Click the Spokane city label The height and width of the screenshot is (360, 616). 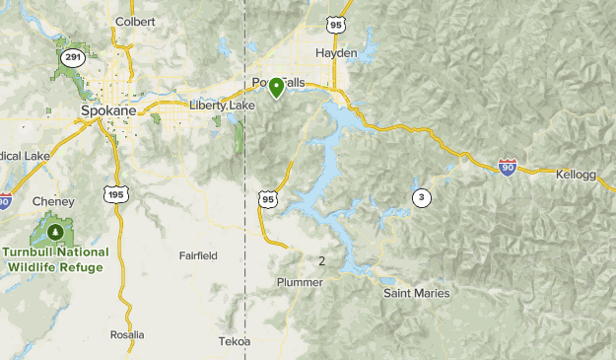pos(107,111)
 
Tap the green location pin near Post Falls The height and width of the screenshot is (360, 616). pos(277,88)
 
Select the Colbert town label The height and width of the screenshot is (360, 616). pos(135,21)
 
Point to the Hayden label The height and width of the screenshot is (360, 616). pos(336,52)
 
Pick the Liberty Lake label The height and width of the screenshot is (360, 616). pos(222,105)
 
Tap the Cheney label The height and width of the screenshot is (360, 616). pos(53,201)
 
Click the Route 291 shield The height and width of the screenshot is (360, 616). pos(71,58)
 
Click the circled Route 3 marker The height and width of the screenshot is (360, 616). pos(422,197)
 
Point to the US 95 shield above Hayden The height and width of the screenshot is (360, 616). pos(336,24)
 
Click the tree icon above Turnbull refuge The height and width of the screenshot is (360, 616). pos(55,233)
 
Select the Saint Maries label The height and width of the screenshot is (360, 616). pos(416,293)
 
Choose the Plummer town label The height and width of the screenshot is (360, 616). pos(300,282)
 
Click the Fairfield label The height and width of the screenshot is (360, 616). pos(198,255)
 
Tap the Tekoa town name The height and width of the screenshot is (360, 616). pos(235,341)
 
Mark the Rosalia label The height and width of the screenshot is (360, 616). pos(127,334)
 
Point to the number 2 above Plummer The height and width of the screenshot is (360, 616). pos(321,261)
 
